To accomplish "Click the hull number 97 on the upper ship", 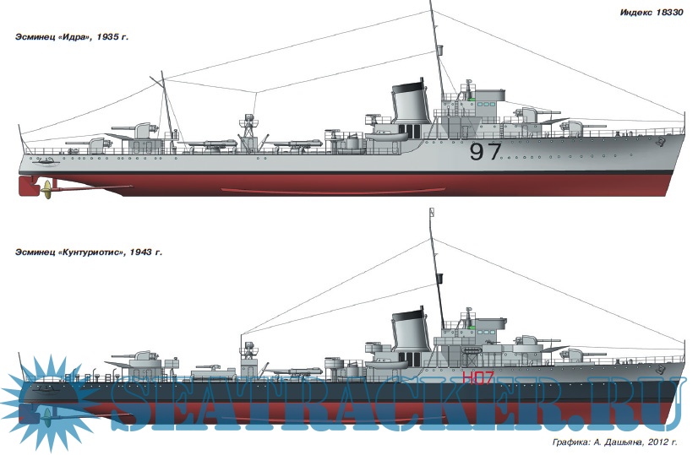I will click(485, 152).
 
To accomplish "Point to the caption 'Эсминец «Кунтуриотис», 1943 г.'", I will click(88, 252).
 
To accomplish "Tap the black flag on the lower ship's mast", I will click(439, 277).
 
